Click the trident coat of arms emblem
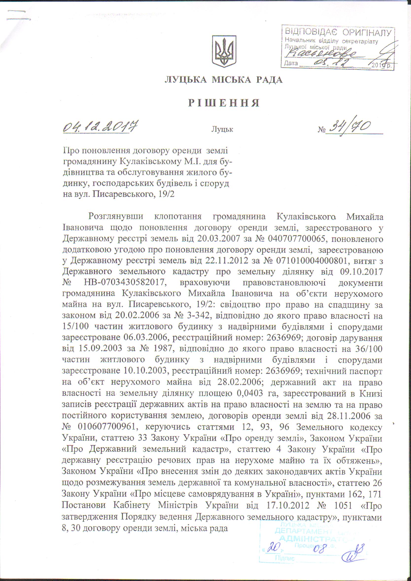click(224, 51)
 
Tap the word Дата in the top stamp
click(291, 63)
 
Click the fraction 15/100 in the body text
click(75, 327)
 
